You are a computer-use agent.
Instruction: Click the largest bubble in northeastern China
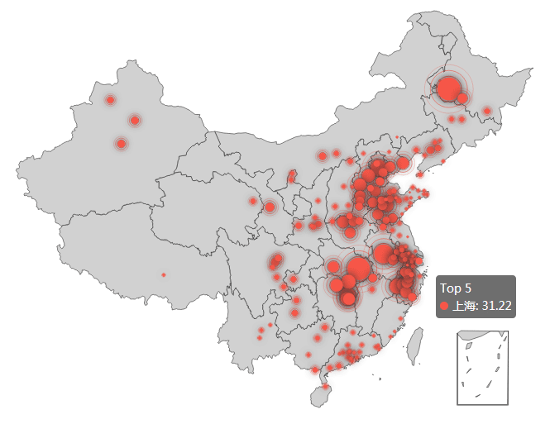(448, 88)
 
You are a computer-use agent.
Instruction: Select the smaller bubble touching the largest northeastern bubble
(462, 98)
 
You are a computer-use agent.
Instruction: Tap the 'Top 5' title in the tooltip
(456, 288)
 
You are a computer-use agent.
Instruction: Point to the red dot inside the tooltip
(444, 306)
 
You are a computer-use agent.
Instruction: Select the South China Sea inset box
(483, 368)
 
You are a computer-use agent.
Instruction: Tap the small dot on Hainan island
(326, 387)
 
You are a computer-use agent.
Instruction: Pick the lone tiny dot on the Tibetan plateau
(164, 274)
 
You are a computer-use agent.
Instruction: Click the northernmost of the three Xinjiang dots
(110, 100)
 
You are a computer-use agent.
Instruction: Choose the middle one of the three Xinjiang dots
(135, 121)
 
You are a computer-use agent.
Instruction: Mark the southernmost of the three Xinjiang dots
(121, 144)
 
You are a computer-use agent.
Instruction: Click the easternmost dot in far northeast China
(487, 111)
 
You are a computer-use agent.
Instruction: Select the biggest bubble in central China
(358, 268)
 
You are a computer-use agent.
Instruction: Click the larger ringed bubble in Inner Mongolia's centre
(323, 155)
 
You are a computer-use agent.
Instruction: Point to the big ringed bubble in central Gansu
(270, 207)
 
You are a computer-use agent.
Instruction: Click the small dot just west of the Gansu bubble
(253, 201)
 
